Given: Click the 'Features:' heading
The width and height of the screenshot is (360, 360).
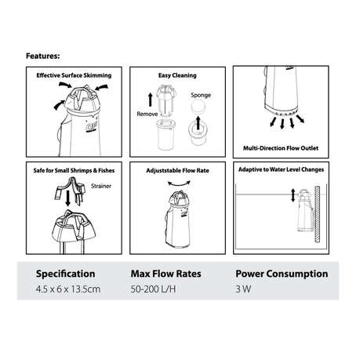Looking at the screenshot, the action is (x=43, y=56).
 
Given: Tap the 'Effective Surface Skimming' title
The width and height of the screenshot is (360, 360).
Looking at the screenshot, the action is (x=74, y=75).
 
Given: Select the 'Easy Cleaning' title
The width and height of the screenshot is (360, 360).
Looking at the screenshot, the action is (x=177, y=75).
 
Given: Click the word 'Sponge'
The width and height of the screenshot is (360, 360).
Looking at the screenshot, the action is (x=201, y=95).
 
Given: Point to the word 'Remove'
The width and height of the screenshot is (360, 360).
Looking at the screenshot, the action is (x=147, y=114).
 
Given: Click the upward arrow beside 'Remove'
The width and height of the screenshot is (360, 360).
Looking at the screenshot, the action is (x=151, y=100).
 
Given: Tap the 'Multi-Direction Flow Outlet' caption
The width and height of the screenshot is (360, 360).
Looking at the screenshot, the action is (x=281, y=148).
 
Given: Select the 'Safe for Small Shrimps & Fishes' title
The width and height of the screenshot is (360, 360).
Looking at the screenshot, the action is (x=74, y=170).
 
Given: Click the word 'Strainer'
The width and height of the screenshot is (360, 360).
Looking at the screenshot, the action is (x=101, y=186).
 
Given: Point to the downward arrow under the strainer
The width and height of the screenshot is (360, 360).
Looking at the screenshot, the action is (x=68, y=198).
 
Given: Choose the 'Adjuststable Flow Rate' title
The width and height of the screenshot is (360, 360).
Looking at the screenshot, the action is (x=177, y=170).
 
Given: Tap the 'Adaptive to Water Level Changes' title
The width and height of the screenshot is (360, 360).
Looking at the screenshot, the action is (x=281, y=169).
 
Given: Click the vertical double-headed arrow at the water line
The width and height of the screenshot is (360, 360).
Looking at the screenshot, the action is (x=293, y=195).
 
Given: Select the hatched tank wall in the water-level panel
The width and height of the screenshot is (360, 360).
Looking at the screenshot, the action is (x=317, y=214).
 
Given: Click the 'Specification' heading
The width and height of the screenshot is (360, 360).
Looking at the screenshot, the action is (x=65, y=274).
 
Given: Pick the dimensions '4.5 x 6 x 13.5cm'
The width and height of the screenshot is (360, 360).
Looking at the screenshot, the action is (x=68, y=289).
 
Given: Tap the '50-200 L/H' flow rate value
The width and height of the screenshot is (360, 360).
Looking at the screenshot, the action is (x=153, y=289).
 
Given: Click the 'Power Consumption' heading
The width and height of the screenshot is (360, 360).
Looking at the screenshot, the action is (x=282, y=274).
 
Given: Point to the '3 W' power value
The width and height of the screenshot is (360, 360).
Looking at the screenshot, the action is (x=243, y=289).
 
